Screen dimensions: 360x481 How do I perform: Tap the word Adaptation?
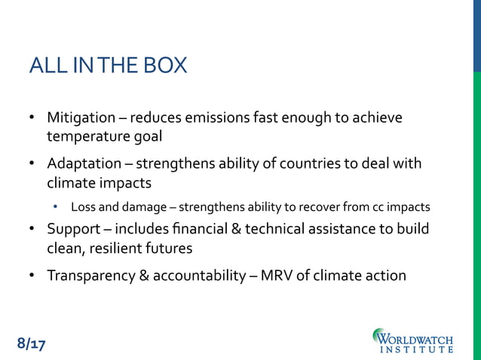pyautogui.click(x=84, y=163)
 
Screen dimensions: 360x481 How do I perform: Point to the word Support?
pyautogui.click(x=72, y=228)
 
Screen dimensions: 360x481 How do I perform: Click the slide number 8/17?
pyautogui.click(x=32, y=344)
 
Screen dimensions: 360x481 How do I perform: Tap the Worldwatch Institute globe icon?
pyautogui.click(x=381, y=337)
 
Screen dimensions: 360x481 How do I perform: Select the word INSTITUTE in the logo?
pyautogui.click(x=418, y=349)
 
